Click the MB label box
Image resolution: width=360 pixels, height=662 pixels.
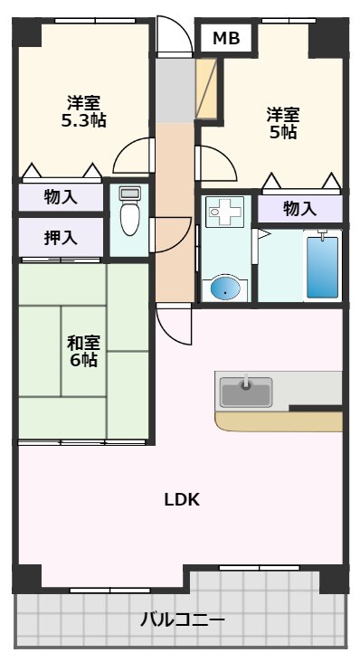[226, 38]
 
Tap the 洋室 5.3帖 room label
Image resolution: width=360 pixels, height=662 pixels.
[82, 110]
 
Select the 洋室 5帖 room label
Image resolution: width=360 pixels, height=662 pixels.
[282, 123]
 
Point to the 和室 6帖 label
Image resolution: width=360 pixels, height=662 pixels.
[83, 351]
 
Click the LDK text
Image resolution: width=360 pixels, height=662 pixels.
[181, 499]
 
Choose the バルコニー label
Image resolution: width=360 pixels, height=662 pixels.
[182, 620]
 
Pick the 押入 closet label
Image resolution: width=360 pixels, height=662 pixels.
[61, 238]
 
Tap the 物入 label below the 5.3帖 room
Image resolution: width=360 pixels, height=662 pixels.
[61, 197]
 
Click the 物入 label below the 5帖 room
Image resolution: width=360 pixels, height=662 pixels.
[299, 209]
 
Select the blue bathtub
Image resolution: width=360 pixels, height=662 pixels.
[322, 266]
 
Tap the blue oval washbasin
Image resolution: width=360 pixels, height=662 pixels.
[226, 288]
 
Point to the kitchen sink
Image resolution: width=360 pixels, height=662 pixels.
[246, 392]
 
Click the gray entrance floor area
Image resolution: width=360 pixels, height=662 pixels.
[173, 90]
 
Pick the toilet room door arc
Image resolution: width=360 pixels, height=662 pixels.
[170, 235]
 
